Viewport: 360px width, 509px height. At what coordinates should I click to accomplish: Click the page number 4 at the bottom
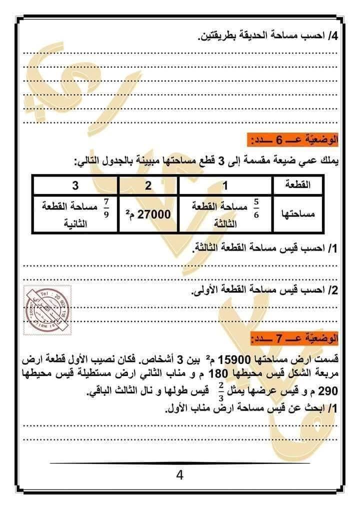coord(180,474)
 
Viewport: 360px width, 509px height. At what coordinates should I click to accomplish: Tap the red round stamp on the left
coord(47,310)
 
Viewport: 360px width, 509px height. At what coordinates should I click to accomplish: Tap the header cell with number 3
coord(75,185)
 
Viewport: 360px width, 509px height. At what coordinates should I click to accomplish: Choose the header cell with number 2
coord(148,185)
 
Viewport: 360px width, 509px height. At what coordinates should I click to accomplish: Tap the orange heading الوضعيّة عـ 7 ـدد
coord(293,339)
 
